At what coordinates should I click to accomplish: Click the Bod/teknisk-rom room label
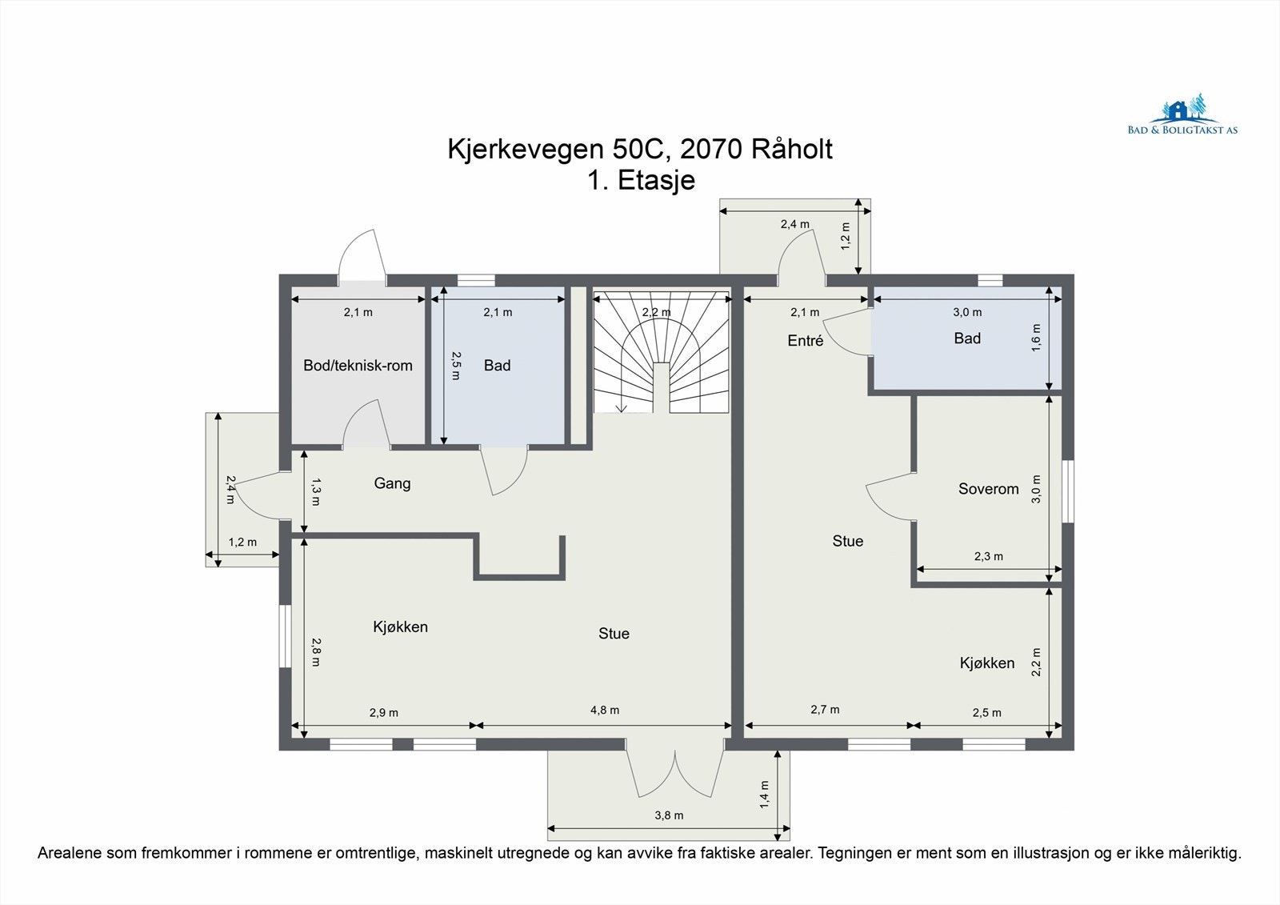358,366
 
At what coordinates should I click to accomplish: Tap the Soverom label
988,489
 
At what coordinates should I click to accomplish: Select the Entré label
805,341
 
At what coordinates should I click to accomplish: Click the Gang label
392,483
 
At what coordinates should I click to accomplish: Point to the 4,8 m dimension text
604,710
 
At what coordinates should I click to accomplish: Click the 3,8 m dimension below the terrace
669,815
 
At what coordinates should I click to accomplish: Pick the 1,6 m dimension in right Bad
1037,338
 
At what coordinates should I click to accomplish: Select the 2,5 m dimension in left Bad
455,365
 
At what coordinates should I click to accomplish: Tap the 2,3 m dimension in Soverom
988,556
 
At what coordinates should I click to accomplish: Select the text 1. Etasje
641,180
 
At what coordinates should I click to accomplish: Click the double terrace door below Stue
675,772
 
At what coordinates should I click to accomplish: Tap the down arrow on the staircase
622,406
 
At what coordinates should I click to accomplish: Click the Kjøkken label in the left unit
400,627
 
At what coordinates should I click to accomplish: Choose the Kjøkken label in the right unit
986,663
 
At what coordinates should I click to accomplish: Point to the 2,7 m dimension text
824,709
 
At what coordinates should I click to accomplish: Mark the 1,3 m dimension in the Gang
315,491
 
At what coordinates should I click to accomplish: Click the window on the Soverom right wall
1067,491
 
